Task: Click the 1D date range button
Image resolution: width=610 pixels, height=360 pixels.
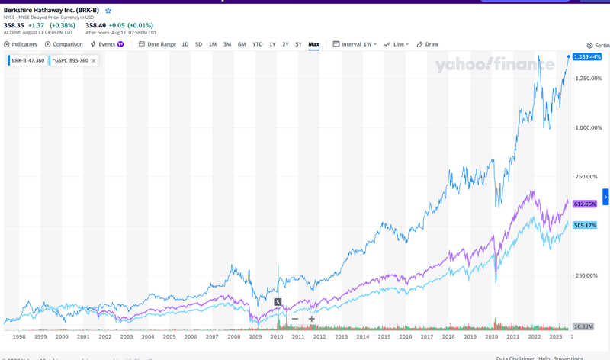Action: (x=185, y=44)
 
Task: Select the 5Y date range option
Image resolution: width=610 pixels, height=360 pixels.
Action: (x=299, y=44)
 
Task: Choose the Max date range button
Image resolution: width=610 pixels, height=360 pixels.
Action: (x=313, y=44)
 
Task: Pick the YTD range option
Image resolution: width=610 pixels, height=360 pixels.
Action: (x=258, y=44)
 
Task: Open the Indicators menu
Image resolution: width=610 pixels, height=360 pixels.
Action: (x=21, y=44)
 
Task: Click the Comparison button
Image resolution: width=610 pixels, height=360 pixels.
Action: (x=64, y=44)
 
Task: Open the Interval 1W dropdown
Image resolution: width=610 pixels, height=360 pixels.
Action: (x=355, y=44)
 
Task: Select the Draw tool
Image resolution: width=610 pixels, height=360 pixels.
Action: (x=428, y=44)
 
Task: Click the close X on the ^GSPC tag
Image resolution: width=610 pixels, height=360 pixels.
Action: (x=94, y=60)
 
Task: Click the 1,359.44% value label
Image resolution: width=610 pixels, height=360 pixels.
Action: (x=587, y=57)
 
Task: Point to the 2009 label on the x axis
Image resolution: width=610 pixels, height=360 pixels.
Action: (x=255, y=336)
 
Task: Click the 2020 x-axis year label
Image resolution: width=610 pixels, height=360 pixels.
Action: (x=492, y=336)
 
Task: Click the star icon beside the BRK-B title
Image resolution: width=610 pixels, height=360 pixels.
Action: (x=108, y=11)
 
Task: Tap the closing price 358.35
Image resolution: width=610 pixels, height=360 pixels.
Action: (x=14, y=25)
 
